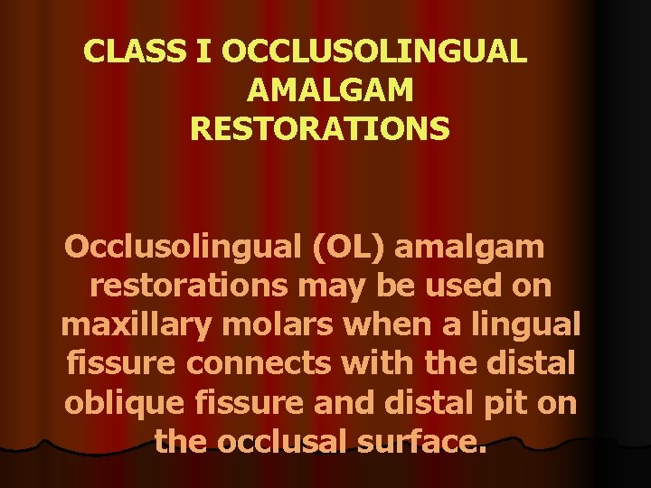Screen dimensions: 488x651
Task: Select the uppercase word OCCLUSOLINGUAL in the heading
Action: point(373,52)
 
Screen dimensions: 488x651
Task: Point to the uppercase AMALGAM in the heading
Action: point(330,90)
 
